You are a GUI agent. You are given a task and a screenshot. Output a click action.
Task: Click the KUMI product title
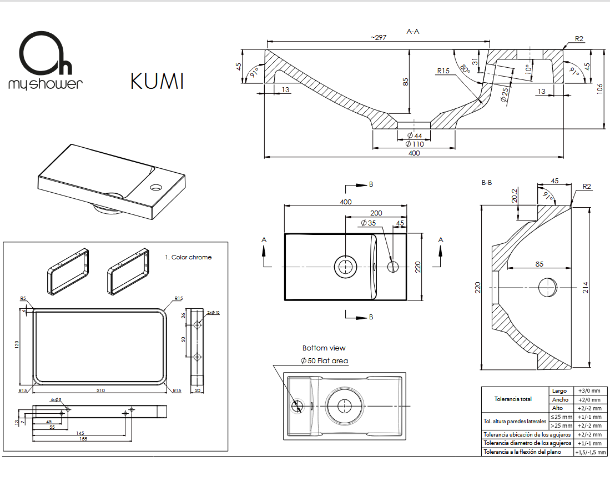tap(157, 81)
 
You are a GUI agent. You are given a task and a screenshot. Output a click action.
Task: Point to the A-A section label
tap(413, 32)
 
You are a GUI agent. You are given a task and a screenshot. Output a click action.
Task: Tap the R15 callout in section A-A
tap(443, 71)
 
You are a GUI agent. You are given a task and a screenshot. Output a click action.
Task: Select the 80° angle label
tap(465, 69)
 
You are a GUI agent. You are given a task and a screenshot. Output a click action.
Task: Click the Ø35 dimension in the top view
tap(368, 223)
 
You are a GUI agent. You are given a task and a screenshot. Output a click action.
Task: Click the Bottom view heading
tap(324, 348)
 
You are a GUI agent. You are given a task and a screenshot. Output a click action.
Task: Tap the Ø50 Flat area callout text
tap(324, 361)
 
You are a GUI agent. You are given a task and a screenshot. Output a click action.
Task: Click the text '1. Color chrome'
tap(188, 257)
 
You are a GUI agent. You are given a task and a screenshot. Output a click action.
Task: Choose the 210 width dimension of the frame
tap(100, 390)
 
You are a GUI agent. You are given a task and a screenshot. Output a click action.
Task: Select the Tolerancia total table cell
tap(513, 399)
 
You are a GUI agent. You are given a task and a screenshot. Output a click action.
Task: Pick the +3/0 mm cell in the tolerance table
tap(588, 390)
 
